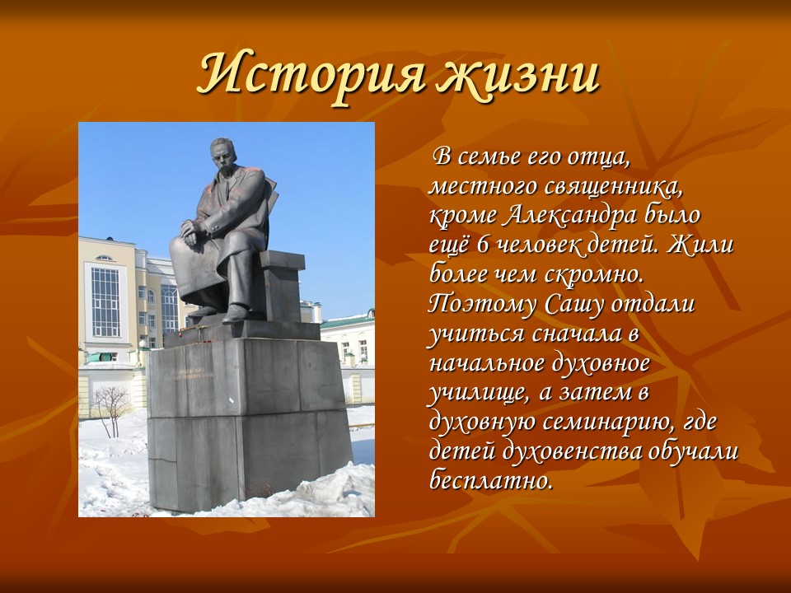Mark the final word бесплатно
tap(491, 479)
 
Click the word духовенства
tap(587, 451)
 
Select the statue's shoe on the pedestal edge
tap(235, 313)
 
